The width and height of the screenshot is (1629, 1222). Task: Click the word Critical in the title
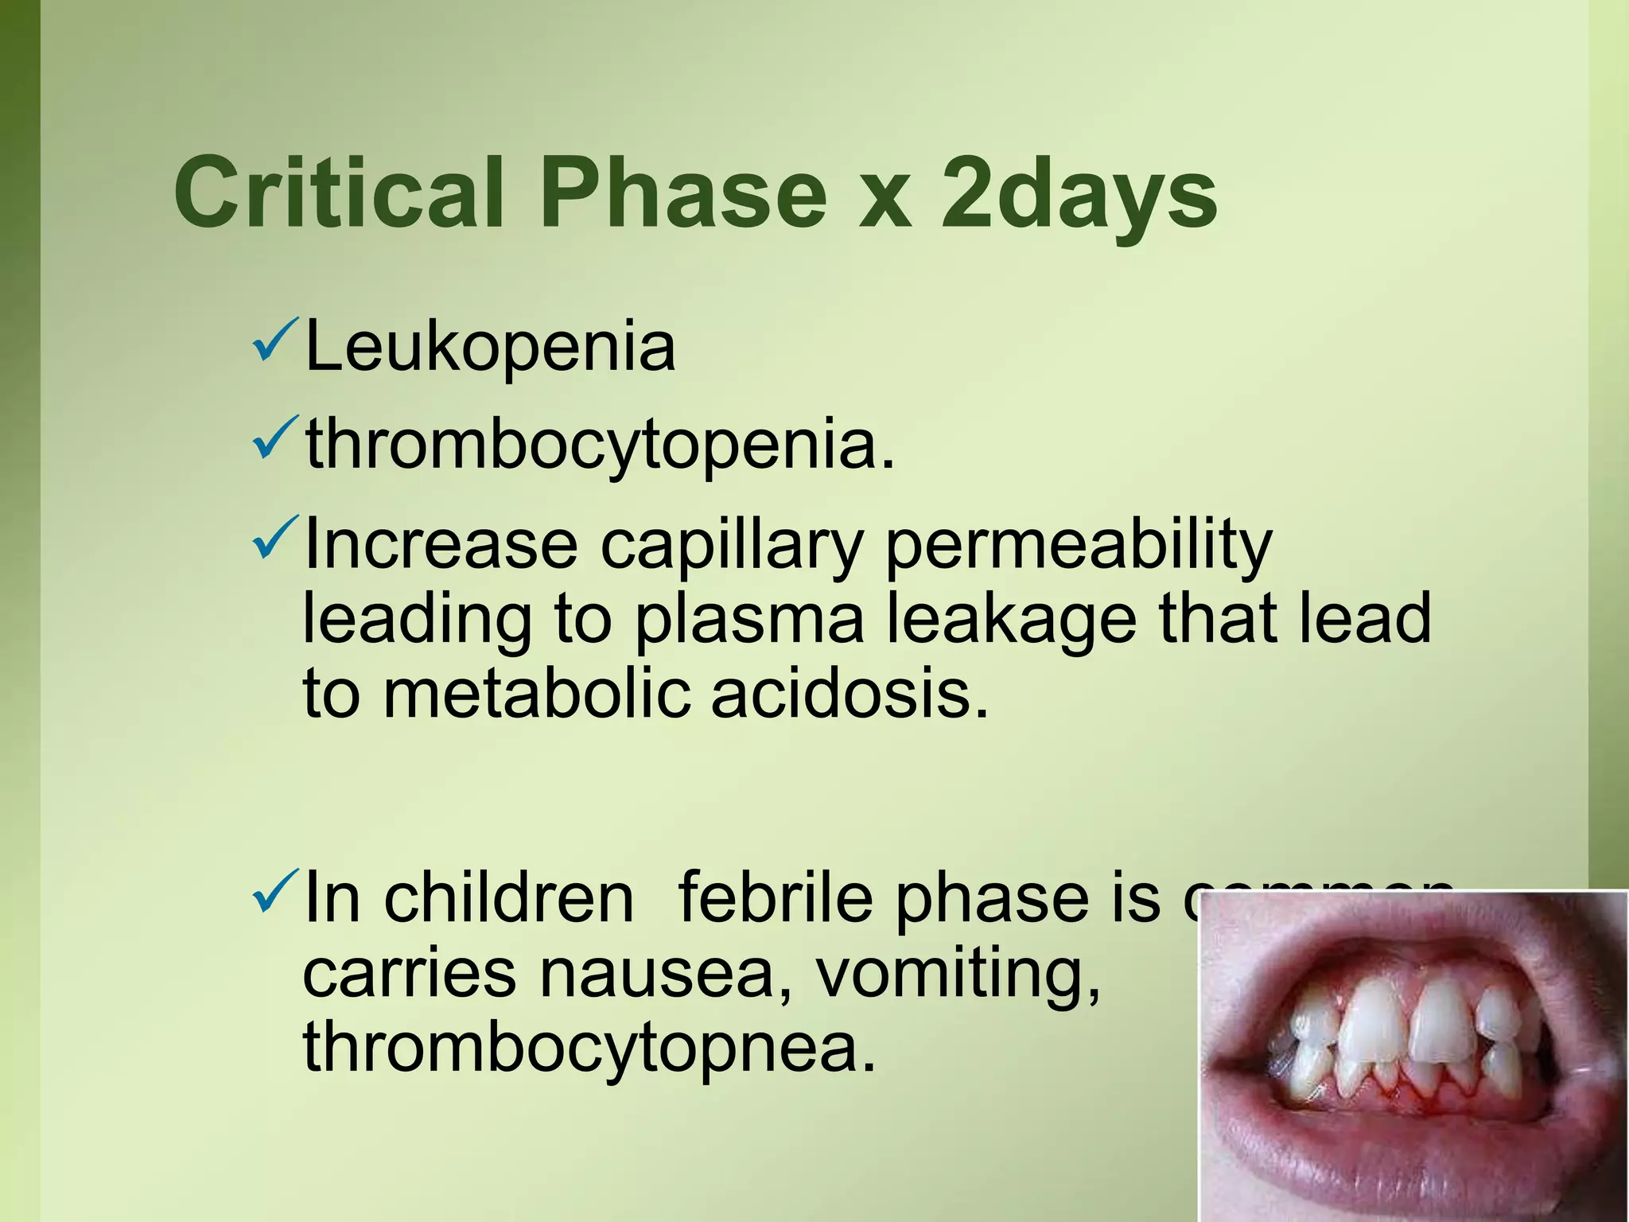(x=338, y=193)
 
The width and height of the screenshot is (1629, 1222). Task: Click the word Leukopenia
(x=489, y=347)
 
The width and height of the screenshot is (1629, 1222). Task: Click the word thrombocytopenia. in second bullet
(x=601, y=446)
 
